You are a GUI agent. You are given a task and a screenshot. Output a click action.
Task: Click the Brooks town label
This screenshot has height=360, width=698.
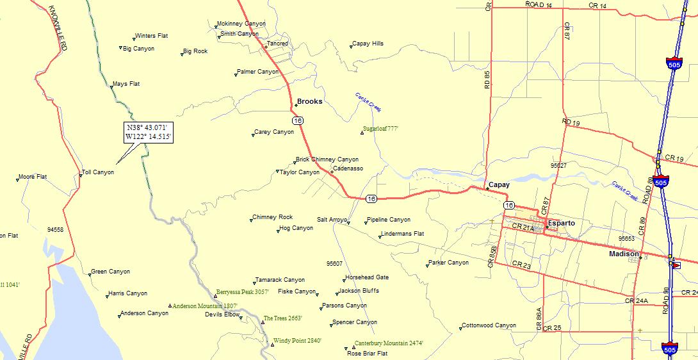tap(310, 101)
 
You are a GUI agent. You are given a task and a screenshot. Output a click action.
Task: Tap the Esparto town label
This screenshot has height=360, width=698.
tap(562, 223)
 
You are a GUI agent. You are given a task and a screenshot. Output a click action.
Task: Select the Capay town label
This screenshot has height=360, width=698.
tap(499, 184)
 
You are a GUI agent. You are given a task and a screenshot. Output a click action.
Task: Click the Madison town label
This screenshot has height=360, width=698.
tap(624, 254)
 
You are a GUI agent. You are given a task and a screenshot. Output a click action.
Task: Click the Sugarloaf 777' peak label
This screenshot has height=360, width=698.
tap(381, 129)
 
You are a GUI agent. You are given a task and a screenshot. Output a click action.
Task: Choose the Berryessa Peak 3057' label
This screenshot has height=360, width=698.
tap(242, 292)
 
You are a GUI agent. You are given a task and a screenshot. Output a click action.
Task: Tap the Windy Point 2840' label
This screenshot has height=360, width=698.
tap(297, 341)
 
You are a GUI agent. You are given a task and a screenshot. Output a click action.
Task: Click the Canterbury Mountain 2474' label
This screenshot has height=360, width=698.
tap(388, 343)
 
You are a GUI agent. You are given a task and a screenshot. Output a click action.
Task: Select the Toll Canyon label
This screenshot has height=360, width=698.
tap(99, 172)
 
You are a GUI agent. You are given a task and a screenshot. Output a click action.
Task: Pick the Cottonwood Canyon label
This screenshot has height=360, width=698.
tap(489, 325)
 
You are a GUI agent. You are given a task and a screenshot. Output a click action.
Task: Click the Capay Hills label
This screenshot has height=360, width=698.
tap(368, 44)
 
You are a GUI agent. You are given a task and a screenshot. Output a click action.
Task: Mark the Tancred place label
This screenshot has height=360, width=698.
tap(277, 44)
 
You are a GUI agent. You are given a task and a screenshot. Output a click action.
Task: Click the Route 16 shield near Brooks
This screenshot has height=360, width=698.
tap(296, 120)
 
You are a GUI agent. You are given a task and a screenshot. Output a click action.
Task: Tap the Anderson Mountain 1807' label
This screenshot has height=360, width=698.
tap(205, 306)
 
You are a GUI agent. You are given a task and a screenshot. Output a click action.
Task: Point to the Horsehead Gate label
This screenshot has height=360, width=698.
tap(367, 277)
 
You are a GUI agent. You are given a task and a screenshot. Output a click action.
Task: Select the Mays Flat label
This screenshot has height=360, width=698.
tap(126, 84)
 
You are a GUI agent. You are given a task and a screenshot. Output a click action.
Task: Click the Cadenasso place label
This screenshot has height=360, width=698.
tap(348, 168)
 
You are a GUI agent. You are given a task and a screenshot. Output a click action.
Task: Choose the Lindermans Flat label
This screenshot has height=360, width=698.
tap(402, 234)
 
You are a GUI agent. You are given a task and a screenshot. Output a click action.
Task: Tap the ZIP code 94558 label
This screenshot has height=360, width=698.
tap(55, 229)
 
